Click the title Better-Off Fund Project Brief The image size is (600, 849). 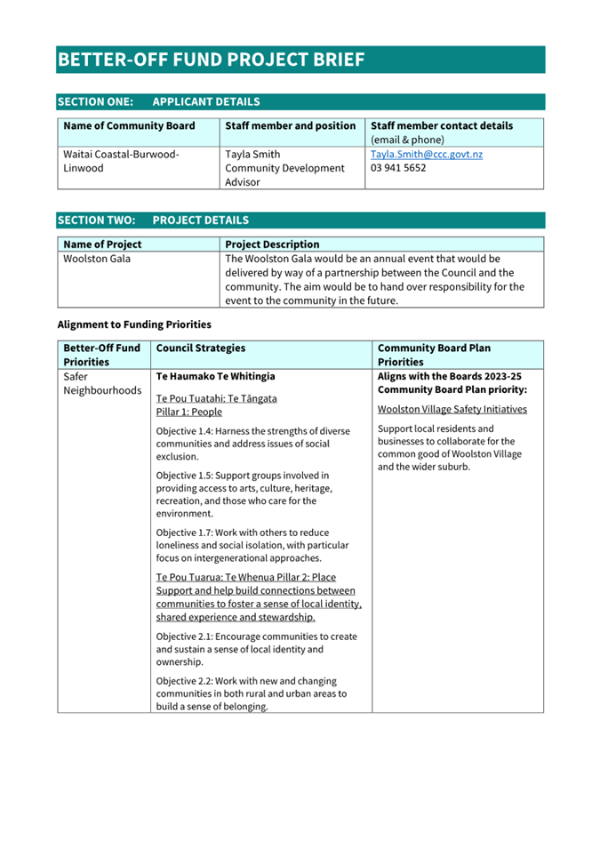pyautogui.click(x=211, y=60)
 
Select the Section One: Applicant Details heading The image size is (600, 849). pyautogui.click(x=158, y=102)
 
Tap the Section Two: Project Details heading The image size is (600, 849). pyautogui.click(x=153, y=220)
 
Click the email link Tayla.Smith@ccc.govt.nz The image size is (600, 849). pyautogui.click(x=427, y=154)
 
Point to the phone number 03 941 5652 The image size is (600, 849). pyautogui.click(x=398, y=168)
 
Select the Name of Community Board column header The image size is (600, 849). pyautogui.click(x=129, y=126)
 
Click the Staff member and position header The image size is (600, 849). pyautogui.click(x=291, y=126)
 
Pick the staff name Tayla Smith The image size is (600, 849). pyautogui.click(x=252, y=154)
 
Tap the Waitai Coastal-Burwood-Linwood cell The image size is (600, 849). pyautogui.click(x=120, y=161)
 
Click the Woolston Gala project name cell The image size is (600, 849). pyautogui.click(x=96, y=259)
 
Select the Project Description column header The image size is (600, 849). pyautogui.click(x=272, y=244)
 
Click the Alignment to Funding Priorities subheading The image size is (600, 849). pyautogui.click(x=134, y=324)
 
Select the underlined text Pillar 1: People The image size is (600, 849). pyautogui.click(x=188, y=412)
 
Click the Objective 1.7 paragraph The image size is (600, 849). pyautogui.click(x=252, y=545)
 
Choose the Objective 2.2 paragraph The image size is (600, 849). pyautogui.click(x=252, y=693)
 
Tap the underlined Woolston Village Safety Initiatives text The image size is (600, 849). pyautogui.click(x=452, y=409)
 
